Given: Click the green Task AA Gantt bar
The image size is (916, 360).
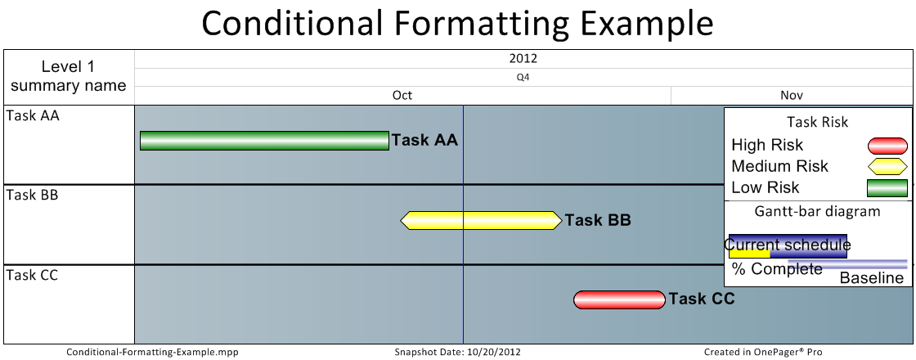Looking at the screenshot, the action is point(264,141).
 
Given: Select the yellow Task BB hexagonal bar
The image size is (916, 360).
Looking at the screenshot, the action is point(481,220).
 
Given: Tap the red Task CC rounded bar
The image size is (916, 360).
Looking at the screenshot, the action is point(619,299).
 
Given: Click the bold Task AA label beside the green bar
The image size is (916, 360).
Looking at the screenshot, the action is point(424,140).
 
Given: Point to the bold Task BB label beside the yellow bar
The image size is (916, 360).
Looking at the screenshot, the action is point(598,220).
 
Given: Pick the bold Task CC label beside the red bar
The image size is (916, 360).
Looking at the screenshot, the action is point(702,299).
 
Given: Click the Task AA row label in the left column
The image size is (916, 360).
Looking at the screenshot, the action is point(33,115).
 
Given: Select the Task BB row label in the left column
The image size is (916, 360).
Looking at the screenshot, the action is point(32,195).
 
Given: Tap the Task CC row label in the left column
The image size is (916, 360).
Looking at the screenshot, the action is point(32,275).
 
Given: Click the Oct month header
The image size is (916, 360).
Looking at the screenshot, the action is point(402,95).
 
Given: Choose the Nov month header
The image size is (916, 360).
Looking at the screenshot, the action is point(792,95).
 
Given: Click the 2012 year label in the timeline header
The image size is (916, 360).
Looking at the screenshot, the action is point(523,58).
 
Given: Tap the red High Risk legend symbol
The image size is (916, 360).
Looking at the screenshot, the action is point(887,146).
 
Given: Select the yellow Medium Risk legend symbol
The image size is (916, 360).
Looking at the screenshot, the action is point(887,167).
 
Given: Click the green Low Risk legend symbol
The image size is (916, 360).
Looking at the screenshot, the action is point(887,187).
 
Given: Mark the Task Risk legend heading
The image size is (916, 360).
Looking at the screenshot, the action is point(817,122).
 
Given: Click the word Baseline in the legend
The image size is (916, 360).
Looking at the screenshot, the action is point(872,277).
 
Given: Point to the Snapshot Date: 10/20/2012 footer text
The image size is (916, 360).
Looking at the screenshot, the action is point(457,352).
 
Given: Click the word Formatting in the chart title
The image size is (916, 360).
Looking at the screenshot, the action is point(482,24).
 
